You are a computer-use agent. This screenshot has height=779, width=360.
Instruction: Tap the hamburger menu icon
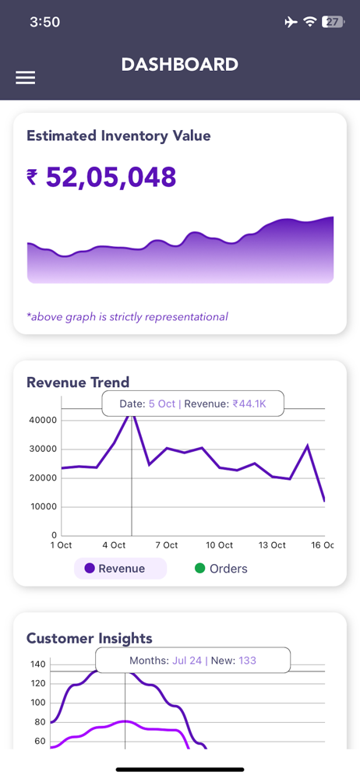pyautogui.click(x=26, y=77)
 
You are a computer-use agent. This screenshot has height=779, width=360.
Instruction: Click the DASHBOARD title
pyautogui.click(x=180, y=65)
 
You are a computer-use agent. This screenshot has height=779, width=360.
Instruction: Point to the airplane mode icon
pyautogui.click(x=291, y=22)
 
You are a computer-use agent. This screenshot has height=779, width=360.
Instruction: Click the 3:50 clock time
pyautogui.click(x=44, y=22)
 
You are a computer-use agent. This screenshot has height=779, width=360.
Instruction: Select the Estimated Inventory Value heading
pyautogui.click(x=119, y=136)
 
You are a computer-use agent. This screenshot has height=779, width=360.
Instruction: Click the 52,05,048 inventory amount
pyautogui.click(x=111, y=177)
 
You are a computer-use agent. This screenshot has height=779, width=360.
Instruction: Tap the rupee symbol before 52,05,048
pyautogui.click(x=32, y=178)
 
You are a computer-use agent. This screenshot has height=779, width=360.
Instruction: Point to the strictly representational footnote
pyautogui.click(x=127, y=316)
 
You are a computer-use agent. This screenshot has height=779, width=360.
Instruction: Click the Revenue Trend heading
pyautogui.click(x=78, y=382)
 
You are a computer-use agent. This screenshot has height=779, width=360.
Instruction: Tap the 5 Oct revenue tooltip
pyautogui.click(x=193, y=404)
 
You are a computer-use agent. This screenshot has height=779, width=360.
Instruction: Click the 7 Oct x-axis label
pyautogui.click(x=167, y=545)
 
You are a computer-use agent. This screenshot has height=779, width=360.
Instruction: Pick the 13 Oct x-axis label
pyautogui.click(x=272, y=545)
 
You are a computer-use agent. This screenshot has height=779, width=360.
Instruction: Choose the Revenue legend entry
pyautogui.click(x=120, y=569)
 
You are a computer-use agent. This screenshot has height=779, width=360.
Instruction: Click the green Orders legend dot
pyautogui.click(x=200, y=569)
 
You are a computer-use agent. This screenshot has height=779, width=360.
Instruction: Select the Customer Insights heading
pyautogui.click(x=90, y=638)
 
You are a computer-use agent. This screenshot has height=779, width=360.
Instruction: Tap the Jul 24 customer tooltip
pyautogui.click(x=193, y=661)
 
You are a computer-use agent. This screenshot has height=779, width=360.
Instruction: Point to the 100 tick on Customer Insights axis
pyautogui.click(x=38, y=703)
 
